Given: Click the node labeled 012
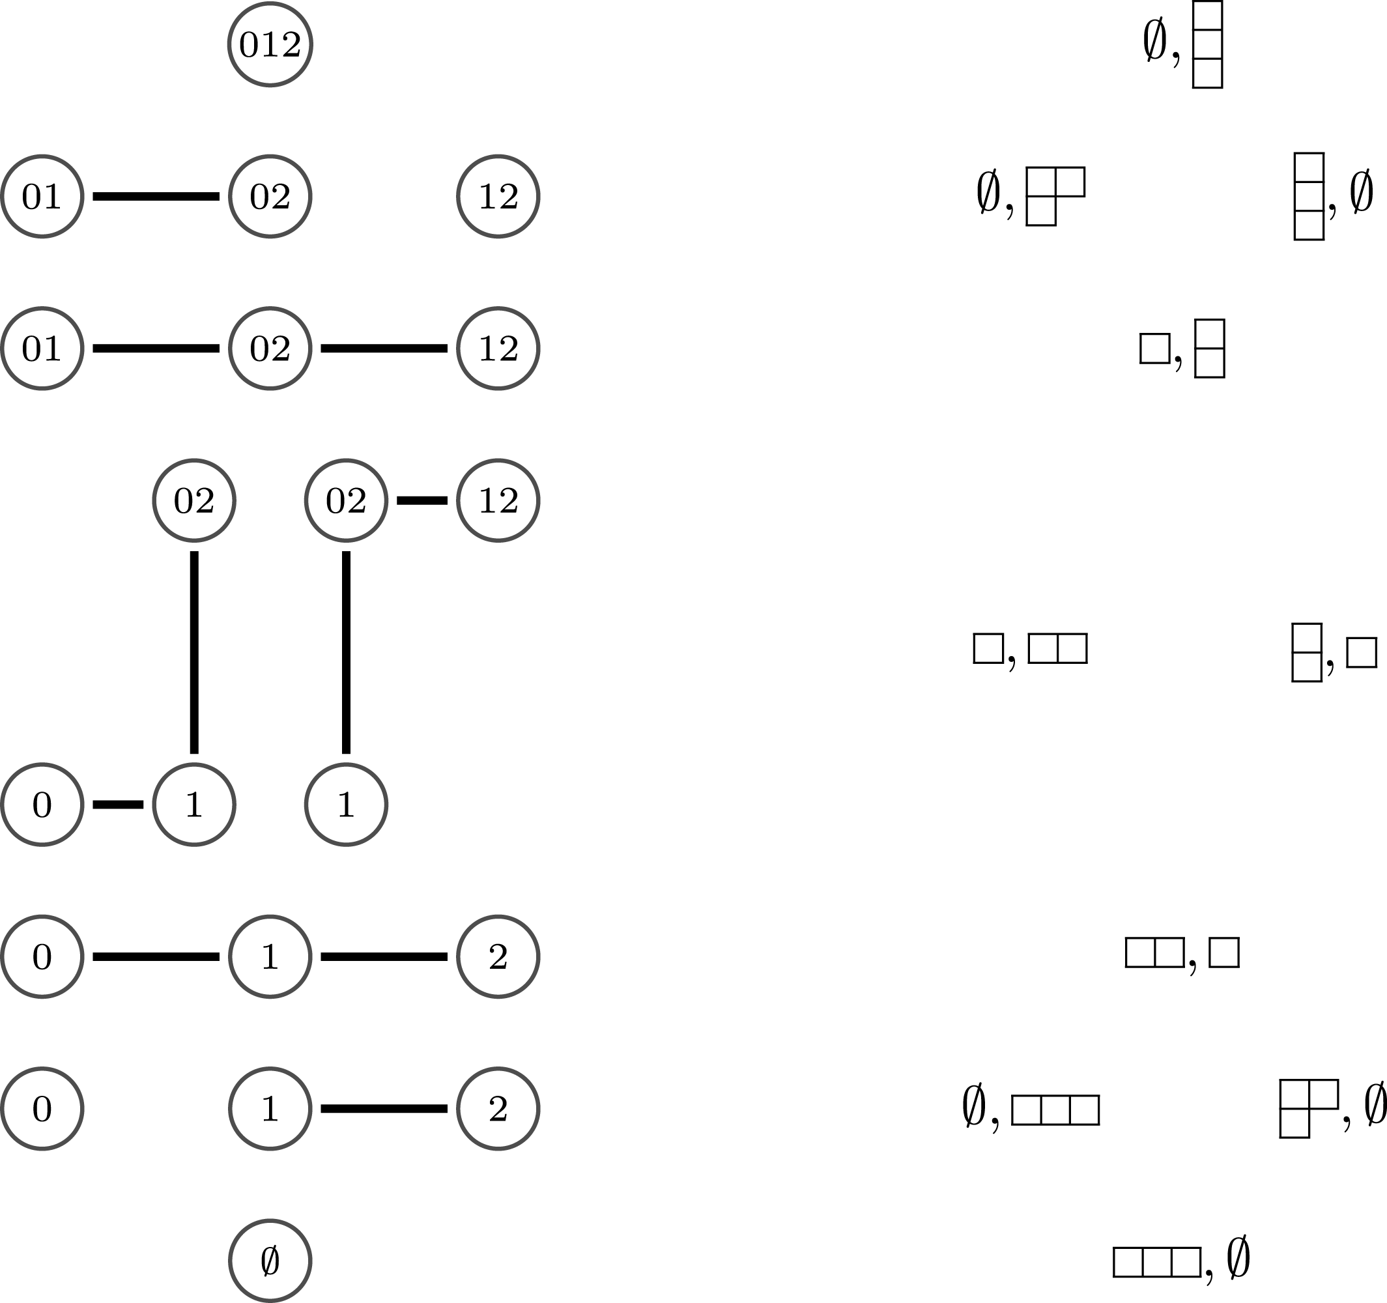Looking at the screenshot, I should click(270, 45).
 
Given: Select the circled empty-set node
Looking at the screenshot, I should click(270, 1261).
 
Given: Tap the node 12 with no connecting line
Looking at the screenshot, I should click(498, 196).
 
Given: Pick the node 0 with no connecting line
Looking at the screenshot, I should click(42, 1108).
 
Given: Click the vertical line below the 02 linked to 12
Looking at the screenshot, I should click(346, 652).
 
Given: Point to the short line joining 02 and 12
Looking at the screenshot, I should click(422, 500).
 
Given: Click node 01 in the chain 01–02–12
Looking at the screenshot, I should click(42, 348).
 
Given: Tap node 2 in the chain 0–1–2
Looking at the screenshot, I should click(498, 956).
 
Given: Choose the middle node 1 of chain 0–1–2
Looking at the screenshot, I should click(270, 956).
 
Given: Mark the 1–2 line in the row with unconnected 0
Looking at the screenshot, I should click(384, 1108).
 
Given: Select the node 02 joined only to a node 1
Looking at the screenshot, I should click(194, 500).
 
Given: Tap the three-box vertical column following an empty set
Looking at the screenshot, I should click(1207, 45).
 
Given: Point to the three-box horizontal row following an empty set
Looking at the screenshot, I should click(1055, 1110).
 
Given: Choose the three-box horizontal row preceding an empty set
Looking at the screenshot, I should click(1157, 1262).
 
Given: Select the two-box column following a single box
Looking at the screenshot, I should click(1209, 349).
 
